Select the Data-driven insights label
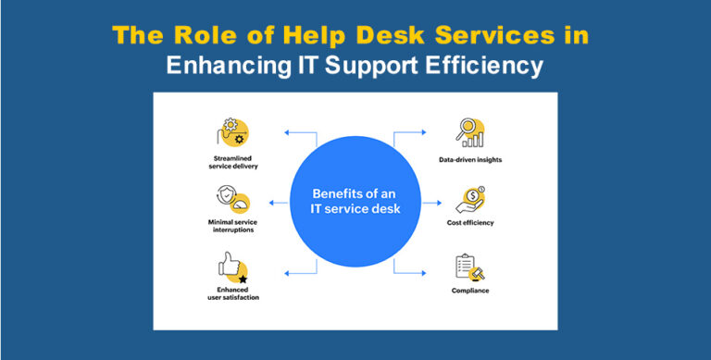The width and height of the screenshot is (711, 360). [x=470, y=160]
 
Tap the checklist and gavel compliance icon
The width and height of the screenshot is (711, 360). [x=470, y=267]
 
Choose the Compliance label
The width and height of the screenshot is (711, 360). [x=470, y=292]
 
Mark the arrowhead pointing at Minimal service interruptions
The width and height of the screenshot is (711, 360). [x=271, y=203]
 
